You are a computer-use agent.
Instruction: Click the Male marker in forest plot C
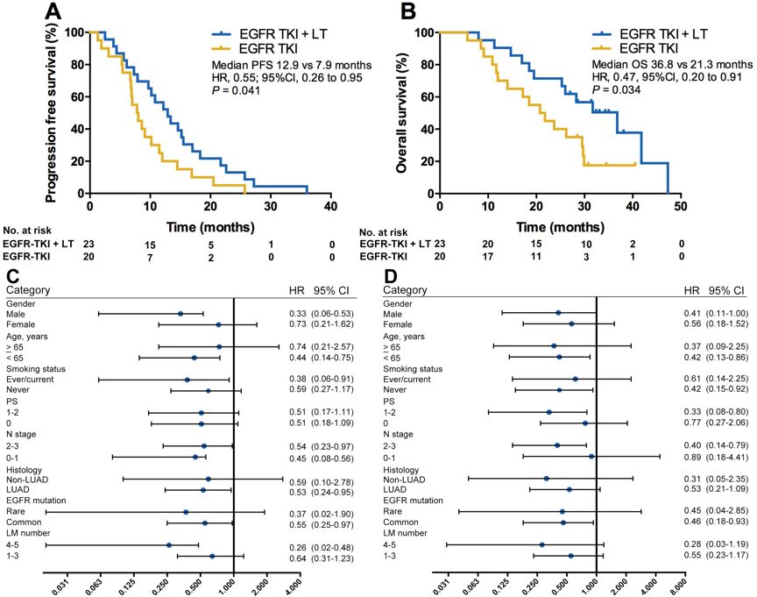click(180, 313)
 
